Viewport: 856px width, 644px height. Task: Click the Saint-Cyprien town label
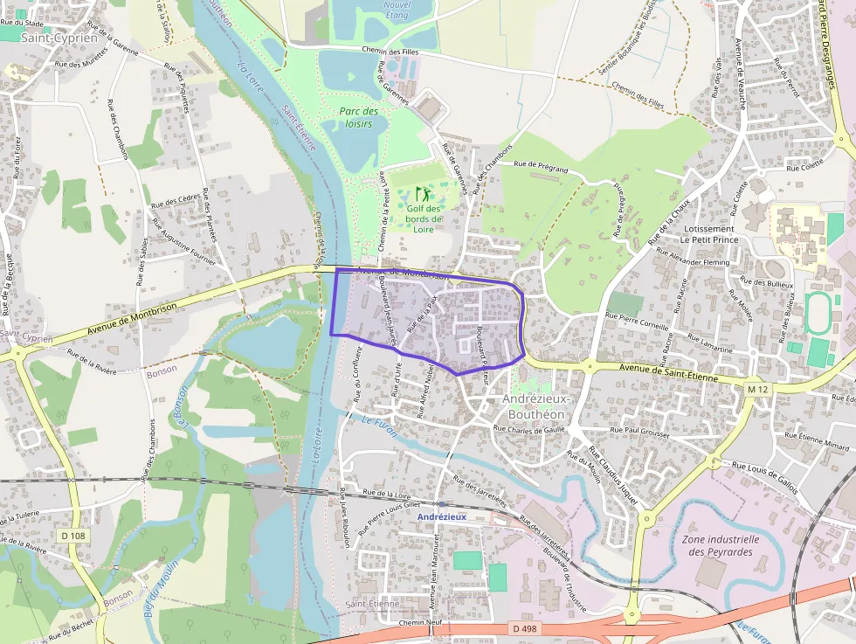(x=59, y=38)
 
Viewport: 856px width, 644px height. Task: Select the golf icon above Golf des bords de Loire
(x=424, y=193)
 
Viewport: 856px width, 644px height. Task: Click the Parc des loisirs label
(x=359, y=117)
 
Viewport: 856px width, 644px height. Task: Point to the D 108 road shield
(x=75, y=535)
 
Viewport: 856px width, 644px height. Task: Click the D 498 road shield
(x=524, y=628)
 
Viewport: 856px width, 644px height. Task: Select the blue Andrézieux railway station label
(x=442, y=516)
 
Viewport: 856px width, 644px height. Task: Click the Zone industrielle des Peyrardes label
(x=721, y=545)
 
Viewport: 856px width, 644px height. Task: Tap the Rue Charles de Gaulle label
(x=531, y=429)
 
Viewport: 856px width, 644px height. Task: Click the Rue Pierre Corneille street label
(x=637, y=321)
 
